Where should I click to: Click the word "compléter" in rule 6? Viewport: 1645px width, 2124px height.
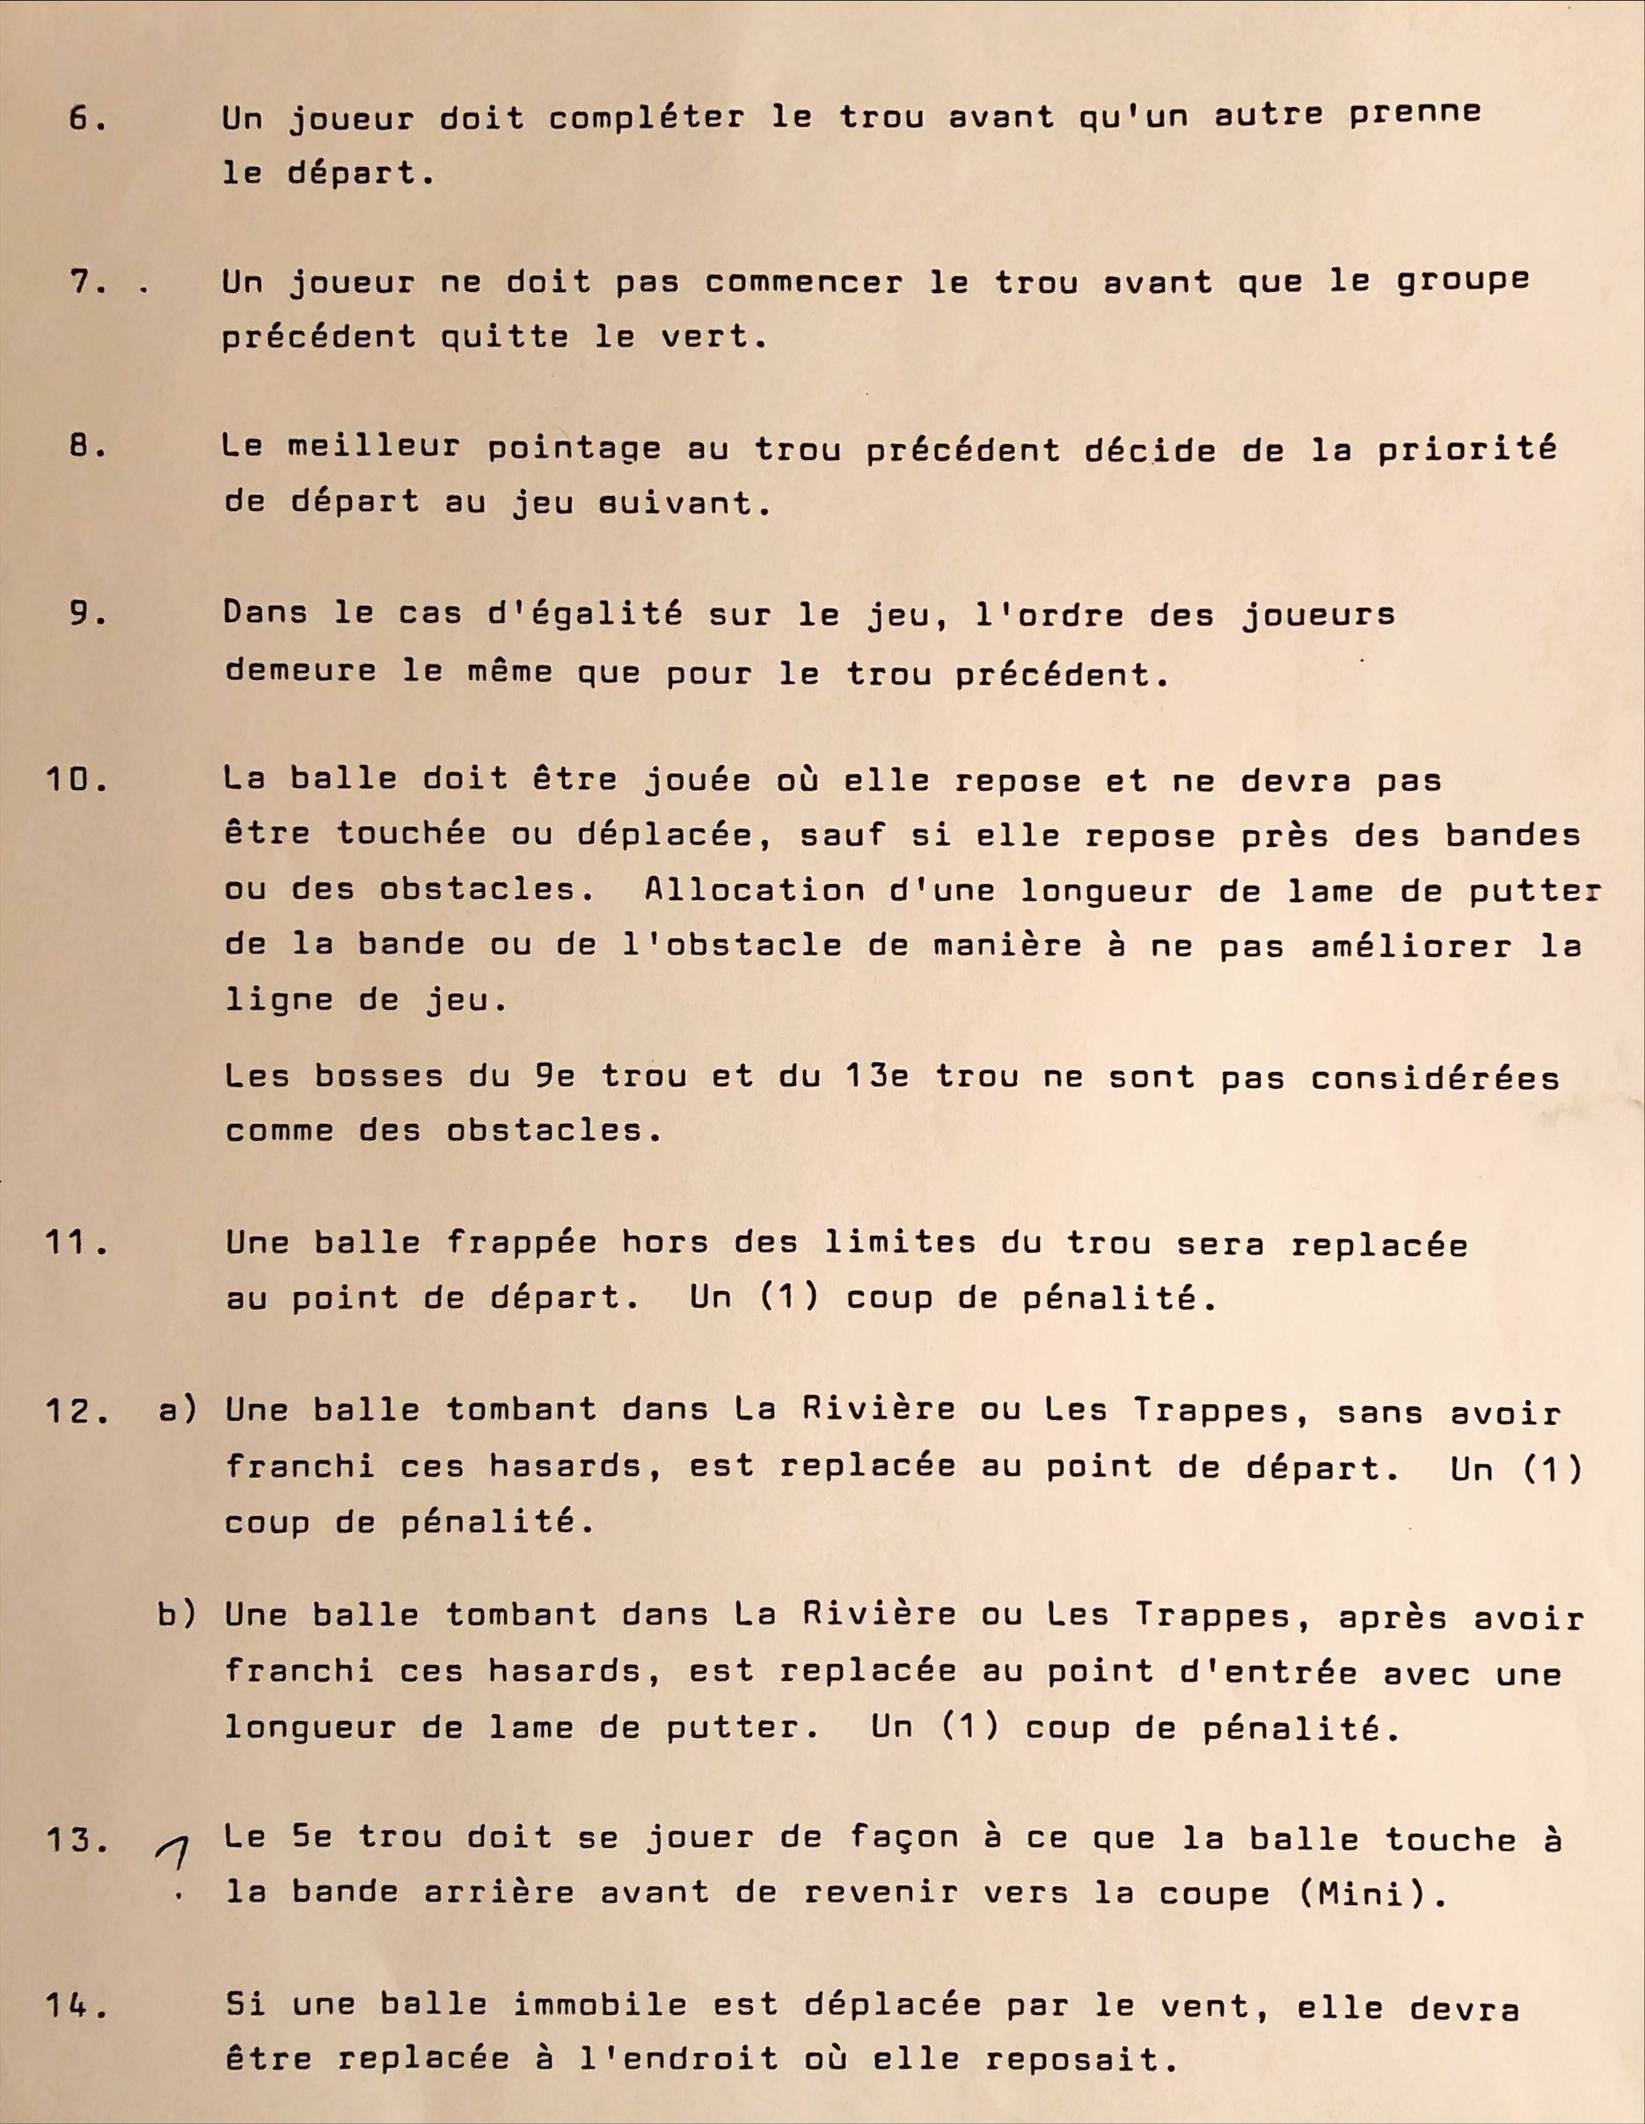coord(646,119)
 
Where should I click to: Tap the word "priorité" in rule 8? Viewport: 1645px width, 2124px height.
coord(1467,449)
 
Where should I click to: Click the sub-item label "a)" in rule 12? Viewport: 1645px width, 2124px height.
coord(178,1410)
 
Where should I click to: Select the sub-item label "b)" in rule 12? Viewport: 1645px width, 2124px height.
coord(178,1616)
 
